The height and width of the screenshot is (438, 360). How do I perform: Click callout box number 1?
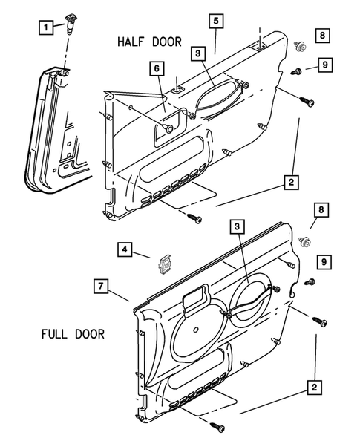[x=46, y=27]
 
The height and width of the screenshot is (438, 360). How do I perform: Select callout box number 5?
[x=215, y=22]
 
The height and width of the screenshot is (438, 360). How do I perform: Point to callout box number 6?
[x=157, y=68]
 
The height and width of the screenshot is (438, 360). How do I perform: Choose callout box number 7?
[x=102, y=284]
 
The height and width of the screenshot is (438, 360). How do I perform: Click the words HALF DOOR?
[x=148, y=43]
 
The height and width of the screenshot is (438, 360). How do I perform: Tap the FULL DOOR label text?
[x=73, y=333]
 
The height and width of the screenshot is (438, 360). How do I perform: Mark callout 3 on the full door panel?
[x=237, y=226]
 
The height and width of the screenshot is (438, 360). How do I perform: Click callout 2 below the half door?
[x=291, y=181]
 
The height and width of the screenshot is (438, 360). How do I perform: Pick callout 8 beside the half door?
[x=321, y=36]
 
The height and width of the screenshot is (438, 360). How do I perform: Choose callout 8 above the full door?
[x=320, y=212]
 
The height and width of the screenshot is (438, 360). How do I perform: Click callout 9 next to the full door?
[x=324, y=261]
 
